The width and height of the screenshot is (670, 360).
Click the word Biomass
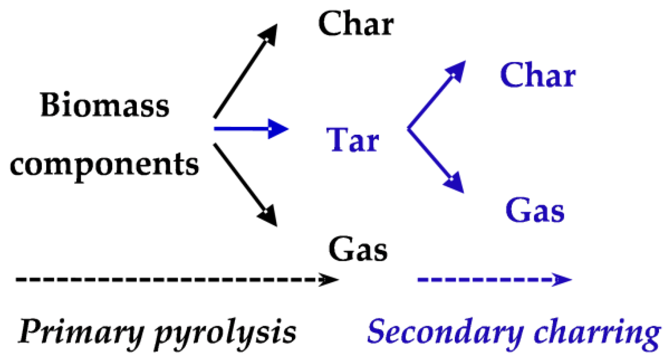click(105, 105)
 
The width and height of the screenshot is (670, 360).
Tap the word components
click(104, 165)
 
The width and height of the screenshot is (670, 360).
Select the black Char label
click(356, 24)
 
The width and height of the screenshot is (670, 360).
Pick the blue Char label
click(537, 76)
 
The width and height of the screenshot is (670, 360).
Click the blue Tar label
click(353, 140)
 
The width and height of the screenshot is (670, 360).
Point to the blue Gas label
click(535, 211)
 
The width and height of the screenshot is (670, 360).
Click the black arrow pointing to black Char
click(245, 72)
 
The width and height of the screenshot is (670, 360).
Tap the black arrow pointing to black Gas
click(245, 183)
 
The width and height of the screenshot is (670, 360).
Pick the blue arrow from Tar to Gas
click(435, 160)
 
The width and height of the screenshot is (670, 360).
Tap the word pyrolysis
click(225, 333)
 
